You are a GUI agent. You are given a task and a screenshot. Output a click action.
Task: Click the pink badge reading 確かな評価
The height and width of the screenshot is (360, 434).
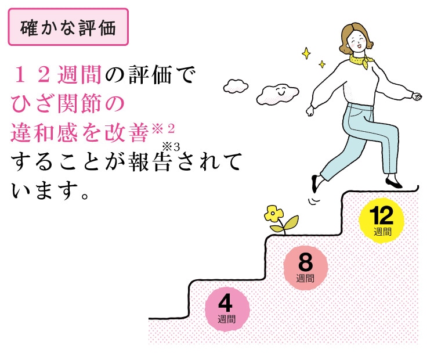(67, 27)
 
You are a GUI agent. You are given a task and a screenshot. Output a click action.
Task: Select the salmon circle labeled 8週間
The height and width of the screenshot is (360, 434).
(305, 267)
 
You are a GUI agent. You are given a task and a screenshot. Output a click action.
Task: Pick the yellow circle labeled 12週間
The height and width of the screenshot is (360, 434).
(382, 221)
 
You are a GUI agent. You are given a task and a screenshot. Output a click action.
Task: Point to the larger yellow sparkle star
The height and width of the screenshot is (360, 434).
(306, 53)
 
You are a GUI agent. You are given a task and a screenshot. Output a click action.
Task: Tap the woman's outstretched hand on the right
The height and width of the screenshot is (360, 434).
(415, 96)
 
